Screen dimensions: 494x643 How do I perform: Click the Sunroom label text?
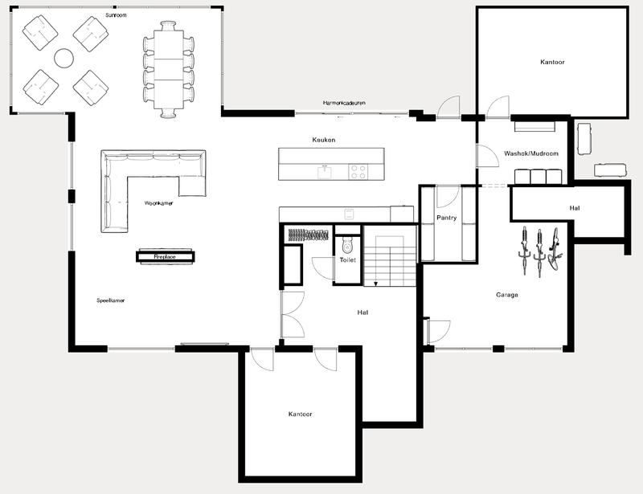tap(116, 14)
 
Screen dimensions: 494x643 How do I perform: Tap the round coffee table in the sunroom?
tap(63, 57)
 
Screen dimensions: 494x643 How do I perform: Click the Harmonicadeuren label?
tap(343, 103)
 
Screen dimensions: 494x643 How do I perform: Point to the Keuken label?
tap(324, 140)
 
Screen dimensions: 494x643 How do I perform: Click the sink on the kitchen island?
tap(325, 171)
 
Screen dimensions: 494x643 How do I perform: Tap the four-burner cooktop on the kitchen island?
tap(358, 171)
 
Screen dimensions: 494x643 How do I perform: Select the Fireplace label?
tap(165, 256)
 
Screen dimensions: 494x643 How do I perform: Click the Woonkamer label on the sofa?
tap(159, 203)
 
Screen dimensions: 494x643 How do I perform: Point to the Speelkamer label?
tap(111, 300)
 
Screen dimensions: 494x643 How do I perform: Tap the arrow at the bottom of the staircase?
tap(375, 283)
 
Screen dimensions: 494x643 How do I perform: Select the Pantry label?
tap(447, 218)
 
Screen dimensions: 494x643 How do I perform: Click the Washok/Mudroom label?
tap(531, 153)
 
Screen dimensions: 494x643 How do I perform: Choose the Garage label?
tap(506, 295)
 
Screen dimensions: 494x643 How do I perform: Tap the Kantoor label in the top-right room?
tap(551, 61)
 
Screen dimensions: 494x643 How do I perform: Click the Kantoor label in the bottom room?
tap(300, 414)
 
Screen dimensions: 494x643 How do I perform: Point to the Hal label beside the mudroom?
tap(575, 208)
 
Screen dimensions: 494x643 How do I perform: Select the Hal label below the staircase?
tap(362, 312)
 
